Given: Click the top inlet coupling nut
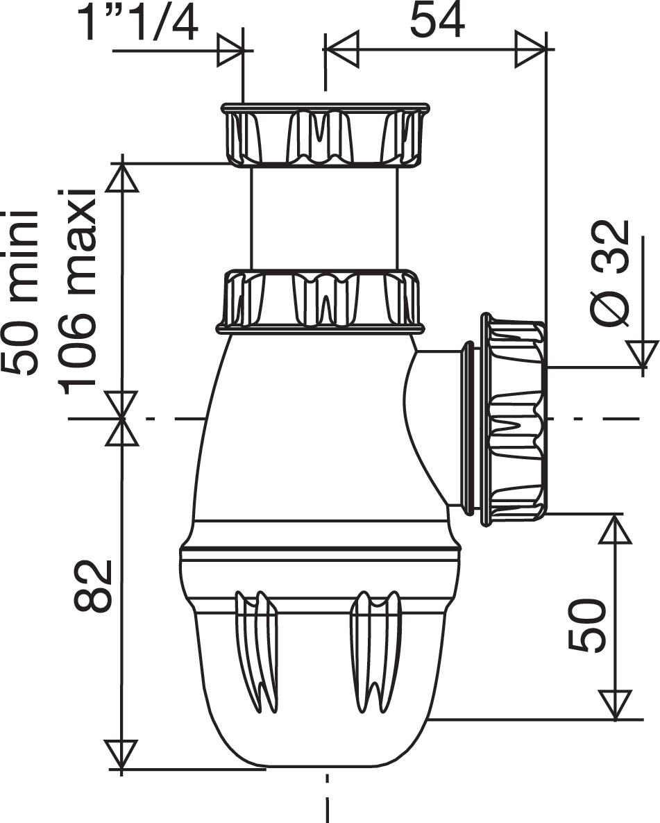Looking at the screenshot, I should click(x=325, y=135).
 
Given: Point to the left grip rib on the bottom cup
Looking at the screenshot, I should click(x=256, y=650).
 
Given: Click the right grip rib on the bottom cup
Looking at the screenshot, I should click(x=375, y=650).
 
